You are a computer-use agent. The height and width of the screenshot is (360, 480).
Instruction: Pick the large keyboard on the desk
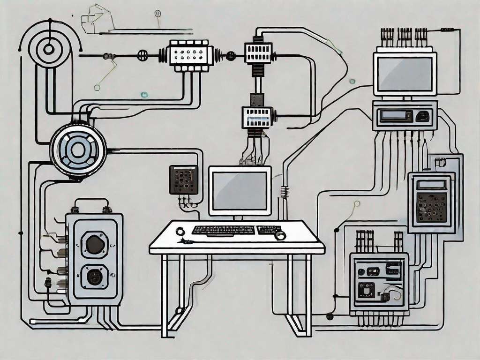223,230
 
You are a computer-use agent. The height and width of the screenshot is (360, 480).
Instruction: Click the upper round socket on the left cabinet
95,245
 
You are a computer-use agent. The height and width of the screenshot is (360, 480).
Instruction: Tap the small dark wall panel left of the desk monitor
183,179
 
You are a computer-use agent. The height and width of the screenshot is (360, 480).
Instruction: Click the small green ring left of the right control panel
357,203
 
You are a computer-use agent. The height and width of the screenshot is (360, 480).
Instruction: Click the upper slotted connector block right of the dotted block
258,52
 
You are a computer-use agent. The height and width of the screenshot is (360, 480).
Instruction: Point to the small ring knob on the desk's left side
180,231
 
